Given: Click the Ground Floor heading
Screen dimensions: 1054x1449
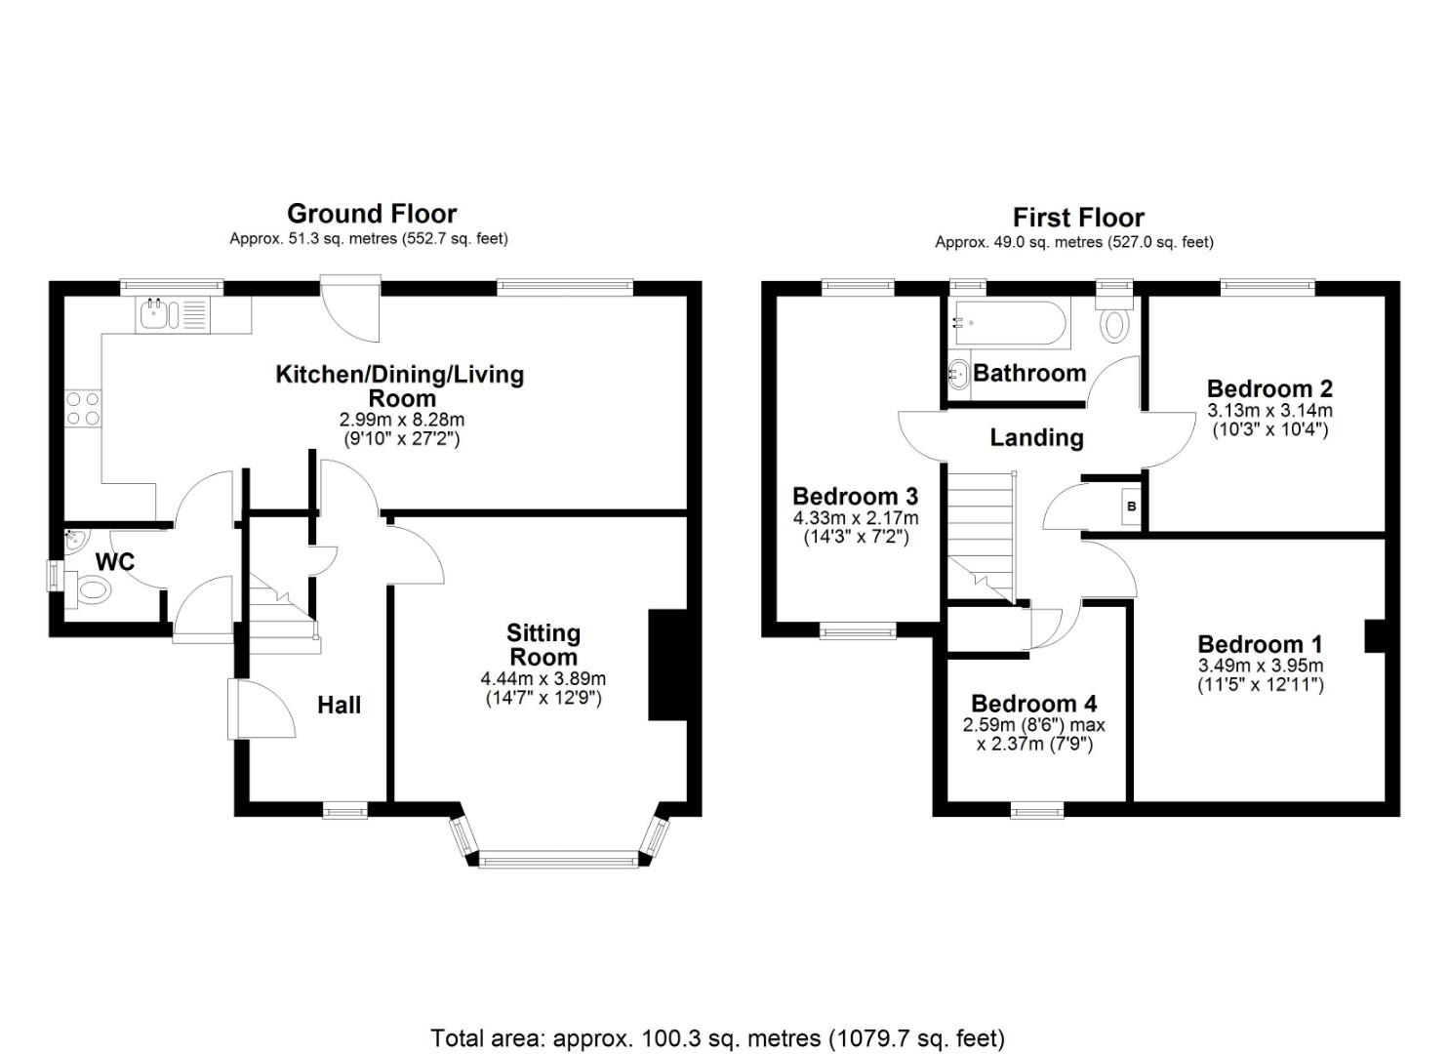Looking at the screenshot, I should (x=372, y=214).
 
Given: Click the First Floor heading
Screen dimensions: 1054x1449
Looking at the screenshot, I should (x=1077, y=218).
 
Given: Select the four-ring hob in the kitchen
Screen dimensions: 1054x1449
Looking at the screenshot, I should (x=82, y=408).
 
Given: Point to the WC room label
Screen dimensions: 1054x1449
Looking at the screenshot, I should (x=115, y=562).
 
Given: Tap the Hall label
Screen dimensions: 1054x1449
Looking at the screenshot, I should (x=339, y=705).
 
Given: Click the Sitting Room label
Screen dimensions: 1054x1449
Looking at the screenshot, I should (x=543, y=645).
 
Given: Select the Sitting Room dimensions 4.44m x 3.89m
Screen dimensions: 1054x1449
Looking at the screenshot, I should (x=543, y=679).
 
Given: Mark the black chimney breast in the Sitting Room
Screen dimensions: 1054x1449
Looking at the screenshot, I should (x=668, y=666).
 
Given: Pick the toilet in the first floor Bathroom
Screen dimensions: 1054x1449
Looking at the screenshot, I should (x=1114, y=323).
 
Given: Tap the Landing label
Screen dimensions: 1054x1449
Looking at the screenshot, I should (x=1036, y=437).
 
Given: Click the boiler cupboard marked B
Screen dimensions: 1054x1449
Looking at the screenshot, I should (x=1131, y=507).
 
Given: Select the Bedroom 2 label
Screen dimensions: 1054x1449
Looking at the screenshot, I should (x=1269, y=388).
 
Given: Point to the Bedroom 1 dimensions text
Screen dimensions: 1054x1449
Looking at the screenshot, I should (x=1261, y=675).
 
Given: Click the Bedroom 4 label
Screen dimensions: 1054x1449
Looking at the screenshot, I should (x=1033, y=704).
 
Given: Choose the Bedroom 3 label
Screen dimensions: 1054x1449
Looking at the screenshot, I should (x=855, y=497).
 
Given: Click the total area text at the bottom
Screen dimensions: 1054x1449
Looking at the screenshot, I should (x=717, y=1037).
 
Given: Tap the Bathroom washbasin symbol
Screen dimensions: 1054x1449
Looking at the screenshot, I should (x=958, y=374).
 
